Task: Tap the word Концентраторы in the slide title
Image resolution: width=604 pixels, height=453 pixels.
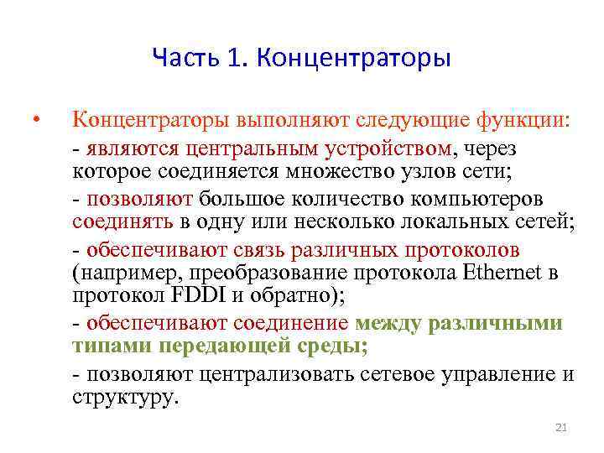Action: (353, 58)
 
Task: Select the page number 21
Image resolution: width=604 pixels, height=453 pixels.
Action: (561, 429)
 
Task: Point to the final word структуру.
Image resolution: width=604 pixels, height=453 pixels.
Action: (126, 397)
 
